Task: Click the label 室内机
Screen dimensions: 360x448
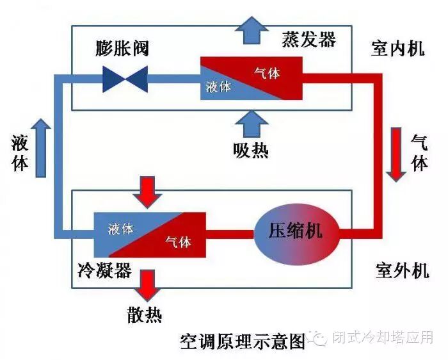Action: coord(398,49)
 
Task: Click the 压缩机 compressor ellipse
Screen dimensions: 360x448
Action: coord(297,231)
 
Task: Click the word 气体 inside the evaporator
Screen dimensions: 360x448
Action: coord(267,73)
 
